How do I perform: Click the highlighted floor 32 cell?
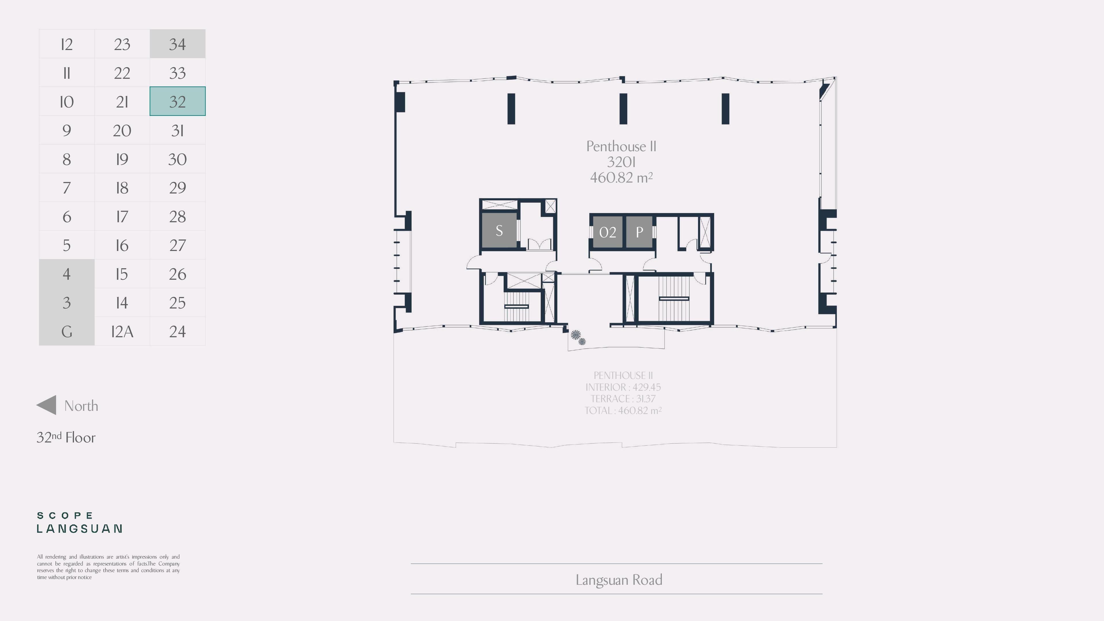pyautogui.click(x=177, y=101)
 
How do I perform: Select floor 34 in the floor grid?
pyautogui.click(x=177, y=44)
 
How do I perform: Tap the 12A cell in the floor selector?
pyautogui.click(x=122, y=331)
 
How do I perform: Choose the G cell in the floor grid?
pyautogui.click(x=66, y=331)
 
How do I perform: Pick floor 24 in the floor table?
pyautogui.click(x=177, y=331)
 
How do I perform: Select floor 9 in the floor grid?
pyautogui.click(x=66, y=130)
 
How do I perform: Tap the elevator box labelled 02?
pyautogui.click(x=607, y=232)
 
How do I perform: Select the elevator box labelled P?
pyautogui.click(x=639, y=232)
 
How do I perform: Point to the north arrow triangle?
pyautogui.click(x=46, y=405)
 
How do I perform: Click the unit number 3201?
pyautogui.click(x=621, y=162)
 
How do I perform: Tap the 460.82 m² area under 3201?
pyautogui.click(x=621, y=177)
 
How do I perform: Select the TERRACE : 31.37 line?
pyautogui.click(x=623, y=398)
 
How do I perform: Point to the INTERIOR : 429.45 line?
pyautogui.click(x=623, y=387)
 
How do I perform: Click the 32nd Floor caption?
pyautogui.click(x=66, y=437)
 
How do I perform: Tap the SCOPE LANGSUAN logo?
pyautogui.click(x=80, y=522)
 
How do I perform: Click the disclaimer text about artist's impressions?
pyautogui.click(x=108, y=567)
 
